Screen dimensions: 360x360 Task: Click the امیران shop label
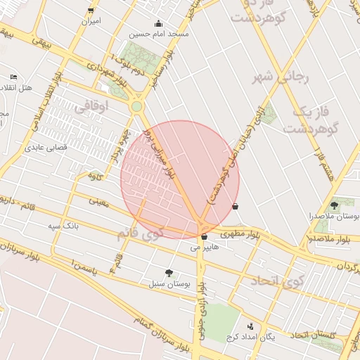point(91,21)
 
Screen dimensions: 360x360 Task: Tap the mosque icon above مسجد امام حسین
point(157,22)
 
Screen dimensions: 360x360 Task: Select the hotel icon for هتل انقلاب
point(14,77)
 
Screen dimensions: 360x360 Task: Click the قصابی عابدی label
point(46,148)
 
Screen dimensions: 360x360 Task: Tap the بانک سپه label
point(63,226)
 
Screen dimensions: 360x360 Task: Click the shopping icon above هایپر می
point(204,237)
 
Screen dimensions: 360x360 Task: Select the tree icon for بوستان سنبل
point(169,272)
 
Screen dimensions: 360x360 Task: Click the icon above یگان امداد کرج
point(251,326)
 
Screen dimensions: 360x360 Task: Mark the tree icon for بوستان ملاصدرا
point(333,205)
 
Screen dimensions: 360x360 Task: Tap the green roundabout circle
point(136,107)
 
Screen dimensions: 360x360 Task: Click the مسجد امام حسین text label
point(159,34)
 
